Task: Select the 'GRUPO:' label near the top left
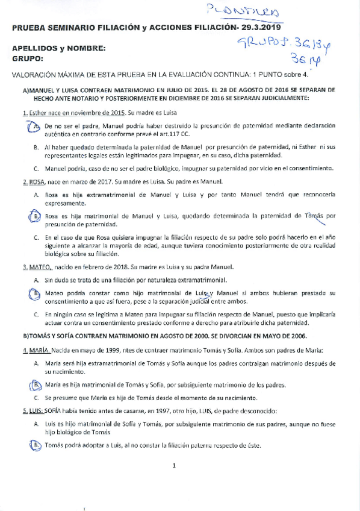28,58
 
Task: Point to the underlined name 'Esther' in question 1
39,113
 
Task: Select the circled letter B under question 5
36,445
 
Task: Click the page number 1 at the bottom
174,465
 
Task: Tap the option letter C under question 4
36,398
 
